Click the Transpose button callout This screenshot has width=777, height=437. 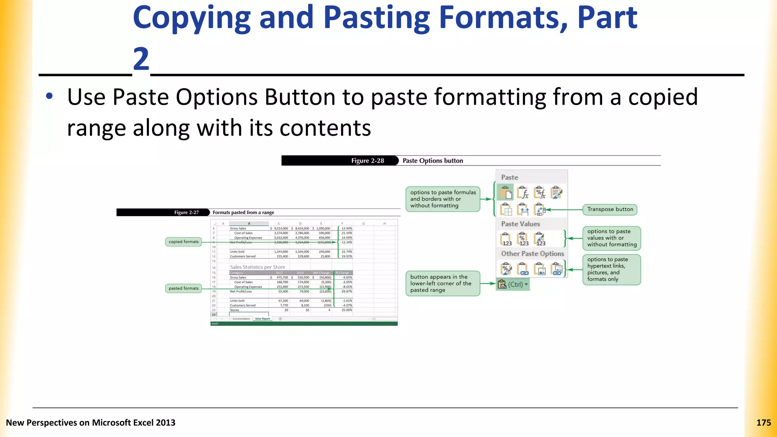[x=610, y=209]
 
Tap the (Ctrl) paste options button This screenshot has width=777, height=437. [x=513, y=284]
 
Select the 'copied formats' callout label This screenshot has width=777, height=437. [x=184, y=242]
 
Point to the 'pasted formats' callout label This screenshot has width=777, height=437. [x=184, y=288]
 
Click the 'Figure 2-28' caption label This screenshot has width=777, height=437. [x=367, y=161]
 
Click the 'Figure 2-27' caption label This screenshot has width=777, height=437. [x=186, y=212]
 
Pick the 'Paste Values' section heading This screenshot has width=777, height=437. [x=520, y=224]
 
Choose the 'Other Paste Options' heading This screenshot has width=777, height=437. [x=532, y=253]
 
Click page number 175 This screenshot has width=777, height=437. [x=763, y=423]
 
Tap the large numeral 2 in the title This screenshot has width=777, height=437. [x=141, y=59]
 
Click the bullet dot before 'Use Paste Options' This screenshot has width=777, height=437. [x=49, y=96]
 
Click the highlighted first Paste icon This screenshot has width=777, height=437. [x=505, y=193]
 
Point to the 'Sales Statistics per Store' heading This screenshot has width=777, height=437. [x=257, y=267]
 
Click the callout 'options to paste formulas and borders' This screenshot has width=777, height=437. [x=443, y=199]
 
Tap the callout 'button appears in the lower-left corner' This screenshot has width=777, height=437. [x=442, y=283]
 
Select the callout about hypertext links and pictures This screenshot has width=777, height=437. [x=611, y=269]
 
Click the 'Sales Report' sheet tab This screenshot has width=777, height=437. [x=263, y=319]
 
